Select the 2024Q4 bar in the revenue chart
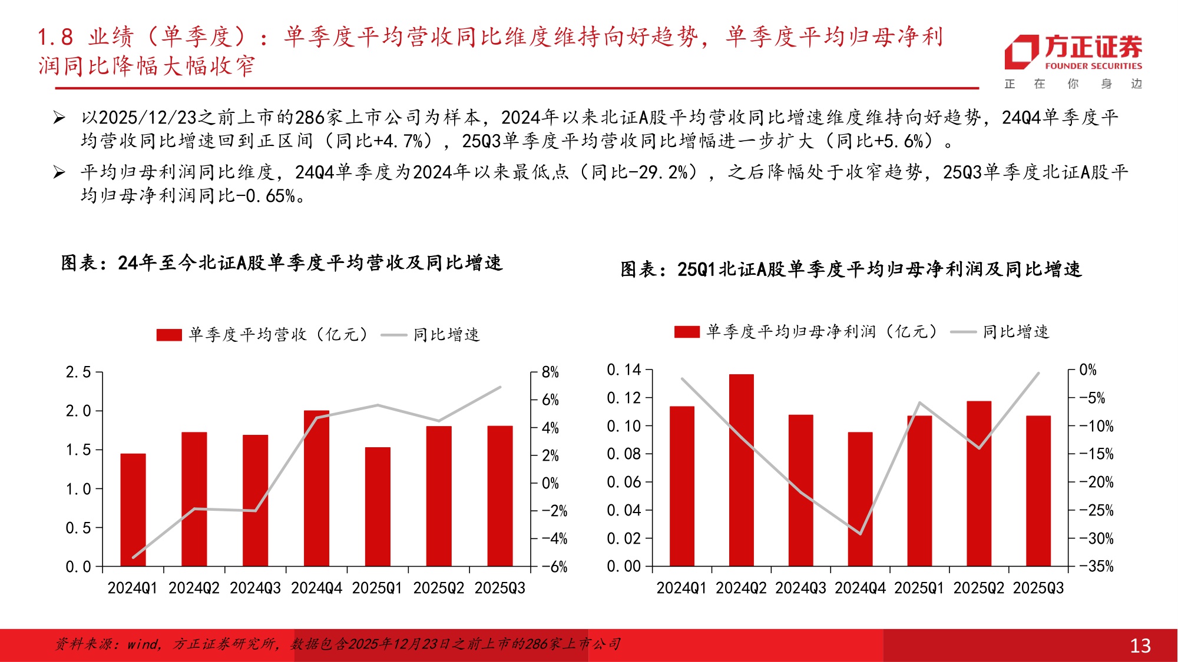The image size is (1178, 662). [316, 488]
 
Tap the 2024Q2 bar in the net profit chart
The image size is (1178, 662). [741, 470]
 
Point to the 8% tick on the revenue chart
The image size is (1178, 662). [550, 372]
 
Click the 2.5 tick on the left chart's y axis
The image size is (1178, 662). [78, 372]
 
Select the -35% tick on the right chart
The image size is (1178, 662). [1096, 566]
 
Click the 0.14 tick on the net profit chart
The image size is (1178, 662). [624, 370]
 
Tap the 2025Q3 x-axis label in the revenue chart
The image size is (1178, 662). [499, 588]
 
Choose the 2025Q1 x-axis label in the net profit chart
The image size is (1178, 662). [919, 588]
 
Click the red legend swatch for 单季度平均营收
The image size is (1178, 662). [169, 335]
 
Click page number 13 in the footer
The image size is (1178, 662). [1140, 646]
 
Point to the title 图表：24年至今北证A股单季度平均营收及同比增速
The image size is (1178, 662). [282, 262]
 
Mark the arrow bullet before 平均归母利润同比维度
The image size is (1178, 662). [59, 172]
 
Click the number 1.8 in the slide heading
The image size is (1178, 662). [55, 37]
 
